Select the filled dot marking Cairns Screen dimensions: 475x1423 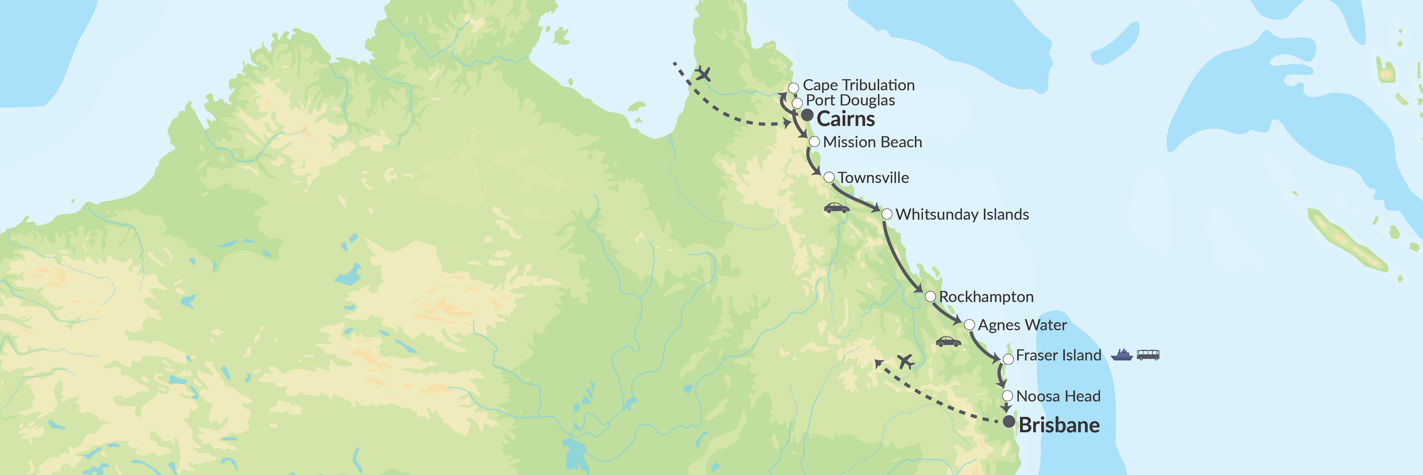tap(807, 116)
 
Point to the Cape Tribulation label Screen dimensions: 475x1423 tap(858, 85)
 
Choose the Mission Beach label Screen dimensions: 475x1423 tap(872, 142)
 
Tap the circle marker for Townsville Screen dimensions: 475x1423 tap(828, 178)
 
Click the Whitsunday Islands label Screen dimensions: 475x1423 tap(962, 215)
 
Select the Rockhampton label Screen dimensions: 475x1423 tap(986, 297)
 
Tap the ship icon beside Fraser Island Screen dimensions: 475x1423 tap(1121, 355)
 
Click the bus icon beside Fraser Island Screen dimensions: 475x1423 tap(1148, 355)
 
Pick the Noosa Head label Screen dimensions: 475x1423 tap(1058, 396)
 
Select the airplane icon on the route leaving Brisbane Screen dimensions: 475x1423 tap(905, 362)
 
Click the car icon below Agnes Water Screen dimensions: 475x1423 tap(948, 342)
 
